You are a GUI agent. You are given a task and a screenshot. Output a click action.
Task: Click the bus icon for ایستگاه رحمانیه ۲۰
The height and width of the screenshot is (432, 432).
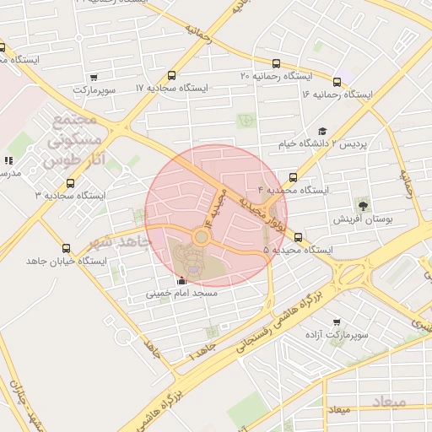pyautogui.click(x=277, y=63)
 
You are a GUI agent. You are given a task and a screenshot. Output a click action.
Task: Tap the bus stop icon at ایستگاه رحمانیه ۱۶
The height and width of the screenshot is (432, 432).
pyautogui.click(x=337, y=82)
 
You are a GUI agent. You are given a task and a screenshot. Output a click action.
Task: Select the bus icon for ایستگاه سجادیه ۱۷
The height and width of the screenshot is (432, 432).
pyautogui.click(x=173, y=75)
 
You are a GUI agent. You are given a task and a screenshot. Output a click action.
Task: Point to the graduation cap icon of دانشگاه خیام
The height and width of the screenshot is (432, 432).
pyautogui.click(x=321, y=131)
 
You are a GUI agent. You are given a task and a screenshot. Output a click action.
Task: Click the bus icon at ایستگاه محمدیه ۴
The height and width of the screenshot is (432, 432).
pyautogui.click(x=293, y=177)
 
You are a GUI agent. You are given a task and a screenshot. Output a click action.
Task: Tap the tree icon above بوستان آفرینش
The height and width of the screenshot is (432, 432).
pyautogui.click(x=364, y=205)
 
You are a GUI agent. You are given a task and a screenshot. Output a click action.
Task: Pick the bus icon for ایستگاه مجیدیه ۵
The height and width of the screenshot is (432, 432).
pyautogui.click(x=299, y=237)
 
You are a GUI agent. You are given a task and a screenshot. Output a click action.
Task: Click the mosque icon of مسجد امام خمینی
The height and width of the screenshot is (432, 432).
pyautogui.click(x=182, y=281)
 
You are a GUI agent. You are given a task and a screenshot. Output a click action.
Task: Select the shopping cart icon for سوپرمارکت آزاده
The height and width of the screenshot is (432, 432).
pyautogui.click(x=337, y=322)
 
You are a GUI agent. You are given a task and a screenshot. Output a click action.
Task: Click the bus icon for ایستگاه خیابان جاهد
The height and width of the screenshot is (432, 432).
pyautogui.click(x=67, y=248)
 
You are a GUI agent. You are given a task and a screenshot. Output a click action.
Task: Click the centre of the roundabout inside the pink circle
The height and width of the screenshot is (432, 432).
pyautogui.click(x=201, y=237)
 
